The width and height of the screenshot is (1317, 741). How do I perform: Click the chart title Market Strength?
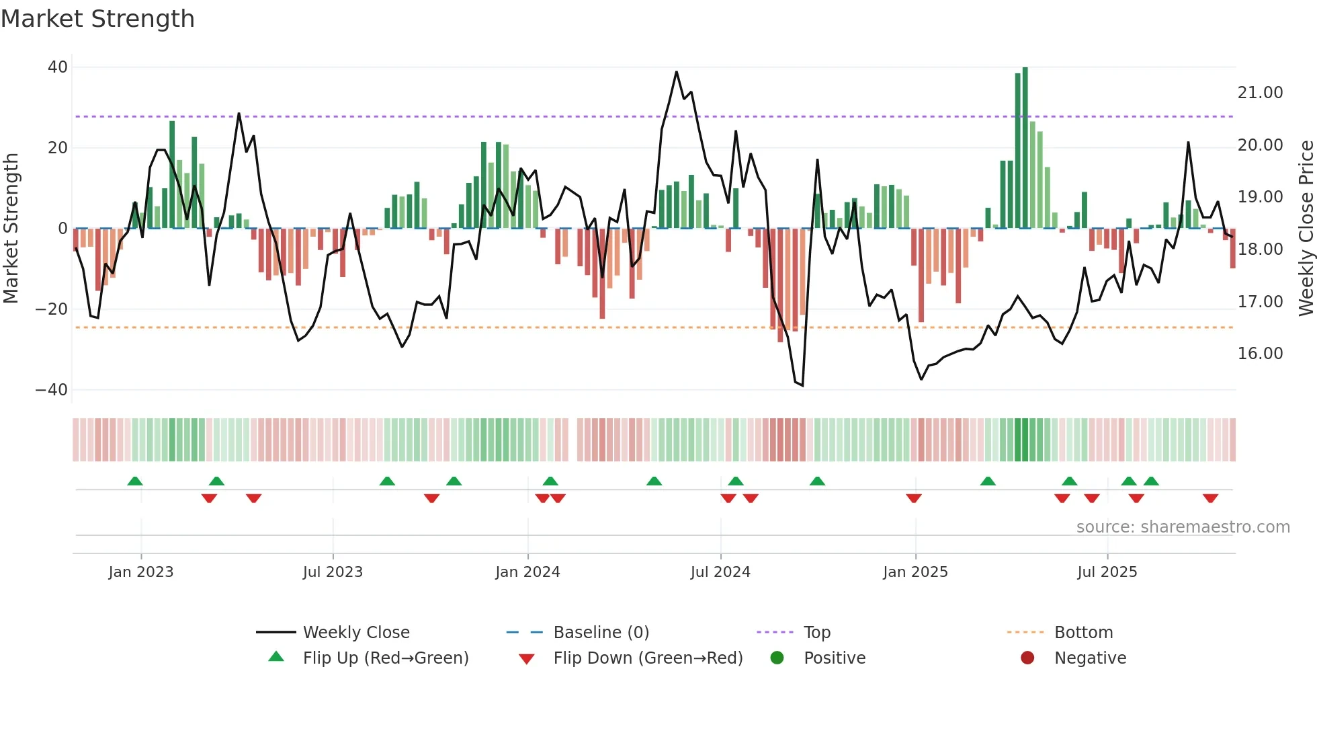click(97, 19)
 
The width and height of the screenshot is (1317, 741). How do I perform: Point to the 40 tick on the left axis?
click(58, 67)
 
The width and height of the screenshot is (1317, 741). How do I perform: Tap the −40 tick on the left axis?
click(52, 390)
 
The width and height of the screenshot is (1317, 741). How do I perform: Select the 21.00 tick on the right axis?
click(1260, 93)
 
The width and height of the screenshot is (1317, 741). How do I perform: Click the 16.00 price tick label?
click(1260, 354)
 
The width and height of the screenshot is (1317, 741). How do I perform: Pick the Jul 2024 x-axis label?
click(720, 572)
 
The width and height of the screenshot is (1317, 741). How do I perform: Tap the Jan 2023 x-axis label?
click(141, 572)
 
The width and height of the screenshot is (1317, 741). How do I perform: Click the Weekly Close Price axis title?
click(1306, 229)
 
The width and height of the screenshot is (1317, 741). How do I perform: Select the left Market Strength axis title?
click(11, 229)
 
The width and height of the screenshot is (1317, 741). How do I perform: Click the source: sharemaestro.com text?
click(1183, 527)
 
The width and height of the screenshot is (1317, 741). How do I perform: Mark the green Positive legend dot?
click(777, 658)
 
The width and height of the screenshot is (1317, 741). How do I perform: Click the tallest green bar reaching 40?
click(1025, 148)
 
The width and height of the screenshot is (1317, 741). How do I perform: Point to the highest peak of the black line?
click(676, 72)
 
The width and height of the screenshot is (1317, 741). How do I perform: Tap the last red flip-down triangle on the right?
click(1210, 498)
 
